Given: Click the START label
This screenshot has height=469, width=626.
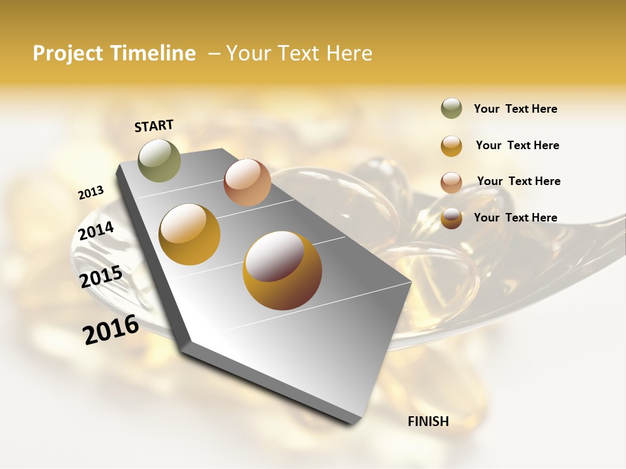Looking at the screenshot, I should click(154, 126).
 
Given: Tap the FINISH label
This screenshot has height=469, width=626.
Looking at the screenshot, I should click(428, 421).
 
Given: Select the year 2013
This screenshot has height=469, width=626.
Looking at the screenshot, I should click(91, 193).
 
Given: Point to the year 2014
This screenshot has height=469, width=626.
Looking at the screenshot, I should click(97, 231).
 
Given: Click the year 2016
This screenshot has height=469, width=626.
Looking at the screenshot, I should click(111, 330).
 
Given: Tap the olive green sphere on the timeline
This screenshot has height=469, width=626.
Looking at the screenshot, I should click(159, 160).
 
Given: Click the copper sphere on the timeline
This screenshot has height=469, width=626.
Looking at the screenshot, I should click(247, 182).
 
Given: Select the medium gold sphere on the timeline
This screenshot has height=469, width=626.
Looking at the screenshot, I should click(190, 234).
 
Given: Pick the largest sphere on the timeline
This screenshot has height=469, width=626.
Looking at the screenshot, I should click(282, 270).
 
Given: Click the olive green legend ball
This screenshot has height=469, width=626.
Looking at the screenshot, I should click(451, 109).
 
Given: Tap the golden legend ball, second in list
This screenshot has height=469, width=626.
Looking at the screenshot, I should click(451, 146).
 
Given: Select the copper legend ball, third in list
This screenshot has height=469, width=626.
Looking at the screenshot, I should click(451, 182).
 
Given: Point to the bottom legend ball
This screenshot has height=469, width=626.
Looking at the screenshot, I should click(451, 218).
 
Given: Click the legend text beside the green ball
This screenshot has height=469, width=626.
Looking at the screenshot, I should click(515, 109).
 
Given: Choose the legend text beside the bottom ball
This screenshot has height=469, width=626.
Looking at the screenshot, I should click(515, 218).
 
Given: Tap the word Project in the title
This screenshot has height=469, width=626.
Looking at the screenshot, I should click(67, 53).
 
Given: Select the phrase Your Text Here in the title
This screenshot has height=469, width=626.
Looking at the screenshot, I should click(299, 53).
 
